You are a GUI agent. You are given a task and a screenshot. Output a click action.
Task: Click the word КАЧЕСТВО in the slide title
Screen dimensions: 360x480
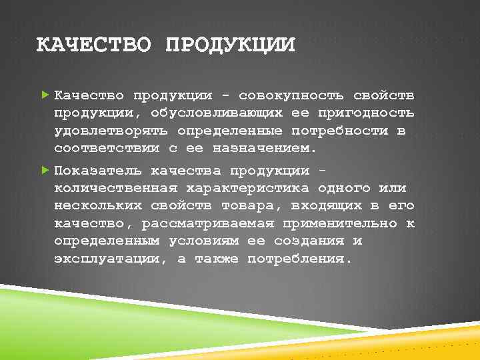pyautogui.click(x=93, y=45)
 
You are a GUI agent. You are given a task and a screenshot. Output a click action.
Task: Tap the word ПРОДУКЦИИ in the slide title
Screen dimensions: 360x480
pyautogui.click(x=229, y=45)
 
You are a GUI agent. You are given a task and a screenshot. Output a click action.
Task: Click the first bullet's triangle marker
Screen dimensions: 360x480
pyautogui.click(x=45, y=95)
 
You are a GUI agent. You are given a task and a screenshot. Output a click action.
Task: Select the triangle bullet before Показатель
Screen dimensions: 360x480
pyautogui.click(x=45, y=171)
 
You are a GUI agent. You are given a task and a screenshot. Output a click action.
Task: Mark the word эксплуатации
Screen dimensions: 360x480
pyautogui.click(x=107, y=258)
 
